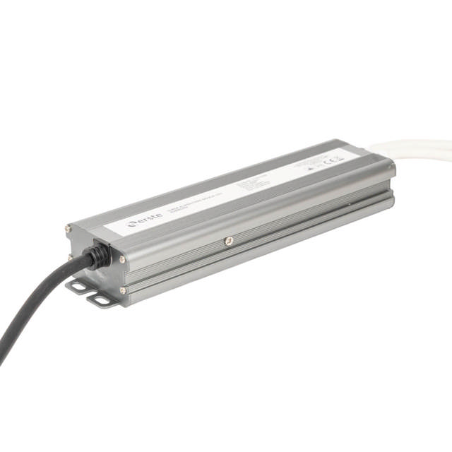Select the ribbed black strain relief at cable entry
pyautogui.click(x=100, y=256)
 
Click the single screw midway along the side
pyautogui.click(x=227, y=241)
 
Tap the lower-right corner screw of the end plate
pyautogui.click(x=122, y=290)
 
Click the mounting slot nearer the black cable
pyautogui.click(x=78, y=285)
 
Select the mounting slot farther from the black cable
pyautogui.click(x=103, y=300)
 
